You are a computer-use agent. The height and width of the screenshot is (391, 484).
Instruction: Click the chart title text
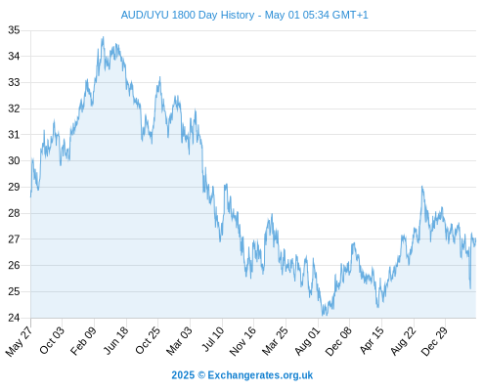point(244,15)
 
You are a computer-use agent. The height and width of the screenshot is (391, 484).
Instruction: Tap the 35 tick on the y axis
point(14,30)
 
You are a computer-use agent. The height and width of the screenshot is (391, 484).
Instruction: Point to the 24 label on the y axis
point(14,318)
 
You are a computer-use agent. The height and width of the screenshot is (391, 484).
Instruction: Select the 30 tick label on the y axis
point(14,160)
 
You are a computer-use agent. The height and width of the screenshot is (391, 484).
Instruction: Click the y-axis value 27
point(14,239)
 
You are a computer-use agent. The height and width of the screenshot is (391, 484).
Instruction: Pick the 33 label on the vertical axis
point(14,82)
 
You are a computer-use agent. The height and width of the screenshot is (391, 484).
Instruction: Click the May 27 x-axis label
point(19,341)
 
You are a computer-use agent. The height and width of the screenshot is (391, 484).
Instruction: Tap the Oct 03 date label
point(52,340)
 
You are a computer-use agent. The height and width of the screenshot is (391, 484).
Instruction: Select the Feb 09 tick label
point(83,340)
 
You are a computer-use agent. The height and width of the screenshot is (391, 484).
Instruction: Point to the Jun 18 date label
point(115,340)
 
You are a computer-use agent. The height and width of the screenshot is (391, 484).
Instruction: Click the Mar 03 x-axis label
point(179,341)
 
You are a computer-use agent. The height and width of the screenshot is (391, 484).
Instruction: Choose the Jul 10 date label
point(213,339)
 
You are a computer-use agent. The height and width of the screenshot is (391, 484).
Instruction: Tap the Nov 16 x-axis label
point(242,341)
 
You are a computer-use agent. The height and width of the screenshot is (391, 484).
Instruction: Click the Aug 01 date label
point(307,341)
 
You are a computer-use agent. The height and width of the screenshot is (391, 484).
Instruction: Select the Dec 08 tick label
point(338,341)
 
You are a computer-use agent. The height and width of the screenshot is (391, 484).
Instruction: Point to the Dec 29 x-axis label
point(434,341)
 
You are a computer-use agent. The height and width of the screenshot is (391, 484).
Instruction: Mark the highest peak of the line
point(103,37)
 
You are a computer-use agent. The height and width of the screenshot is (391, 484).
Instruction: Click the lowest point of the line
point(323,316)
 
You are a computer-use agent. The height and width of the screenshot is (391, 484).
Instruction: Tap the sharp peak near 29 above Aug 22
point(422,187)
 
